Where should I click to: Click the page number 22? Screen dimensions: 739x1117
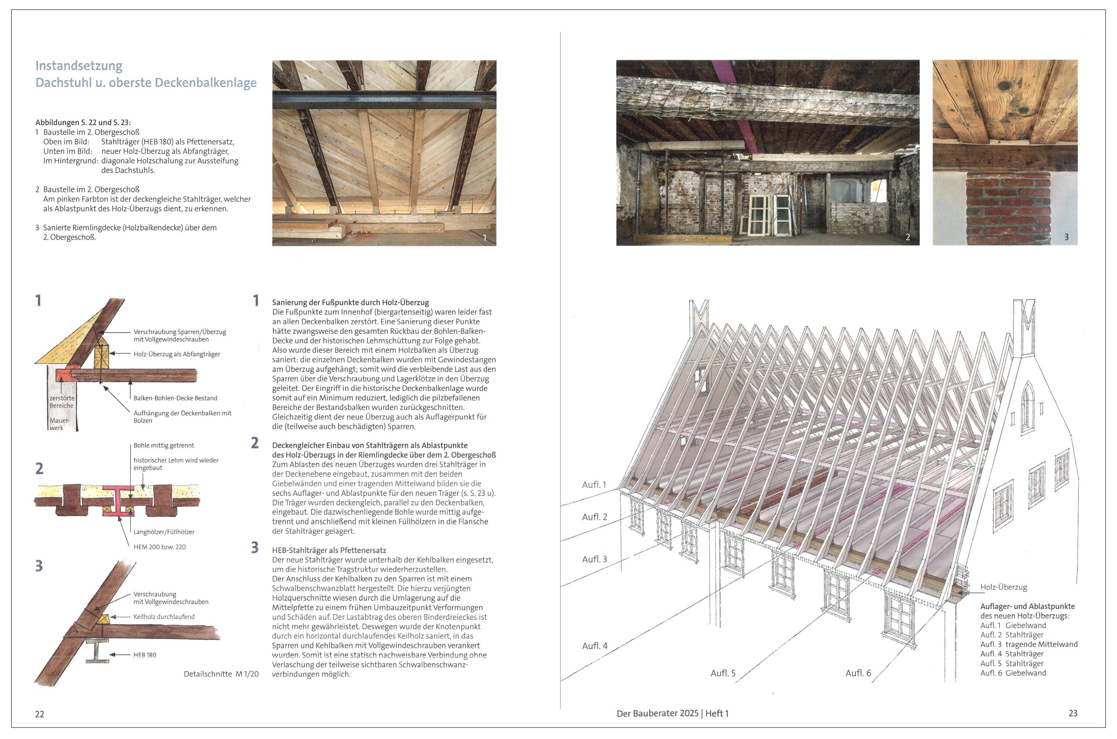pos(40,714)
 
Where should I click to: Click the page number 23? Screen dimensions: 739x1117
pos(1072,714)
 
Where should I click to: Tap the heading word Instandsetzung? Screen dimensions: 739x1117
pos(79,65)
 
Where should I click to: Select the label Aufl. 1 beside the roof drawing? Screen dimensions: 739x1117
pos(594,485)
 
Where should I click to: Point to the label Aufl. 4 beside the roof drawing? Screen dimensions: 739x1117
pos(595,646)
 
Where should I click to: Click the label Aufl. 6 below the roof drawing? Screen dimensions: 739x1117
pos(858,673)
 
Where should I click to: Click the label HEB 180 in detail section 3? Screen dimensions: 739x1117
pos(144,655)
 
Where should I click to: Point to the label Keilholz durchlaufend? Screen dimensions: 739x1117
pos(164,616)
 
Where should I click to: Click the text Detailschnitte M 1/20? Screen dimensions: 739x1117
pos(221,674)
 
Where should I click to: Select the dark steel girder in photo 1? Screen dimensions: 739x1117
pos(384,100)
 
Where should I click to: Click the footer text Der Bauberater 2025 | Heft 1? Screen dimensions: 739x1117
pos(672,714)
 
